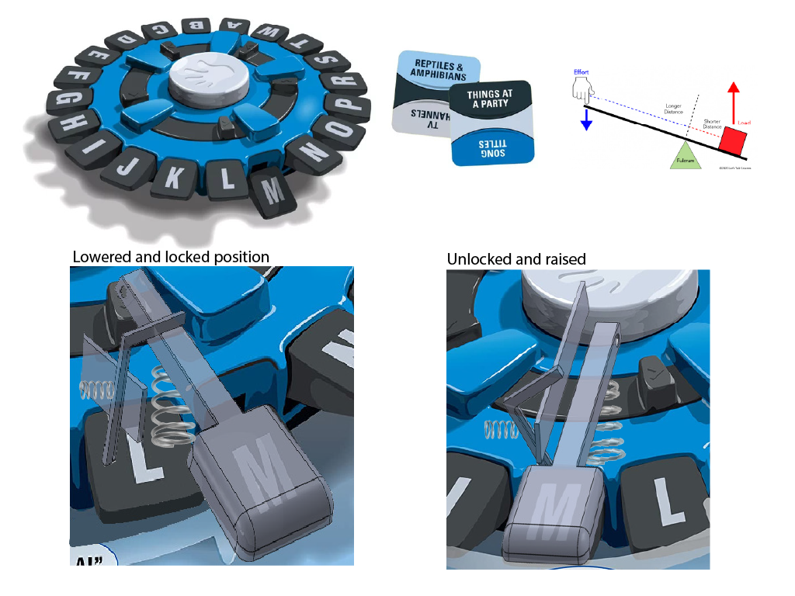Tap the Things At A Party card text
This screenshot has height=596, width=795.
tap(489, 99)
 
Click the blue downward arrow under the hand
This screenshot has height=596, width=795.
tap(587, 117)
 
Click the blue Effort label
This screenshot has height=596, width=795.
tap(581, 72)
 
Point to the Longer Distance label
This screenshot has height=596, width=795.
tap(675, 108)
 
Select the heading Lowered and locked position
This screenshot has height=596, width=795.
tap(171, 257)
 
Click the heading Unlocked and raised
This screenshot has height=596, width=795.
tap(516, 259)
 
